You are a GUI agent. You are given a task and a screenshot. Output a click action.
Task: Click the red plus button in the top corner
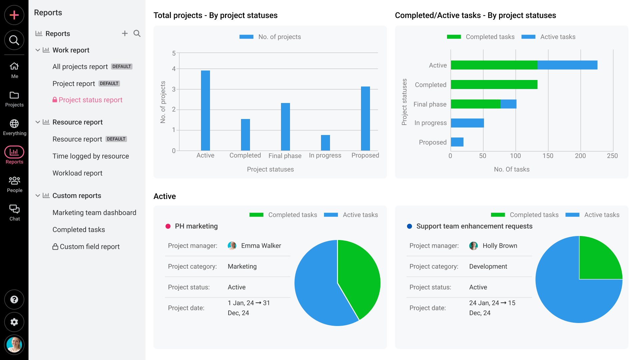pos(14,15)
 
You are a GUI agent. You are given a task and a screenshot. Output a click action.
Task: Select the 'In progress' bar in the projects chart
pos(325,143)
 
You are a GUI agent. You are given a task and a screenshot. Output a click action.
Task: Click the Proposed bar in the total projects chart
pos(365,118)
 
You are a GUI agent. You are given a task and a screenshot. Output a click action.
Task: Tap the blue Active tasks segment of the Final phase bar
pos(508,104)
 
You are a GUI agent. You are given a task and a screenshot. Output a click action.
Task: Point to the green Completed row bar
pos(494,85)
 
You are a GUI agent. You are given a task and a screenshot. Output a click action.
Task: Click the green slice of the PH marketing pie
pos(358,277)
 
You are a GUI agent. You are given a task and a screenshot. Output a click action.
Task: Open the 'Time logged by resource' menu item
pos(90,156)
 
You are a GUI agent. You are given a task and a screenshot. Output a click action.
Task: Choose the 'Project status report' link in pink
pos(90,100)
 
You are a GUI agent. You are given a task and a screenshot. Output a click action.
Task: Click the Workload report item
pos(77,173)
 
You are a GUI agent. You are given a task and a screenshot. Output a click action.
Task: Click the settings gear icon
pos(14,322)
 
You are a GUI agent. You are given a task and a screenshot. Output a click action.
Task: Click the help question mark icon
pos(14,299)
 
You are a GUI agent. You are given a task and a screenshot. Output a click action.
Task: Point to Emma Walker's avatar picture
pos(232,246)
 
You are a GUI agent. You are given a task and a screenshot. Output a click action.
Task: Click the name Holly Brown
pos(500,246)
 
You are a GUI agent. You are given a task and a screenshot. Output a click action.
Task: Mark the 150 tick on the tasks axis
pos(548,156)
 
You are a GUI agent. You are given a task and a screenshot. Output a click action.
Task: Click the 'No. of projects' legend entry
pos(270,37)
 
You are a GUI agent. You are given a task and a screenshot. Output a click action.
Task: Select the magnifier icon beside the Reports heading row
pos(137,33)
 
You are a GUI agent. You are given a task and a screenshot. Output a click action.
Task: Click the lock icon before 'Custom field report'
pos(55,247)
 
